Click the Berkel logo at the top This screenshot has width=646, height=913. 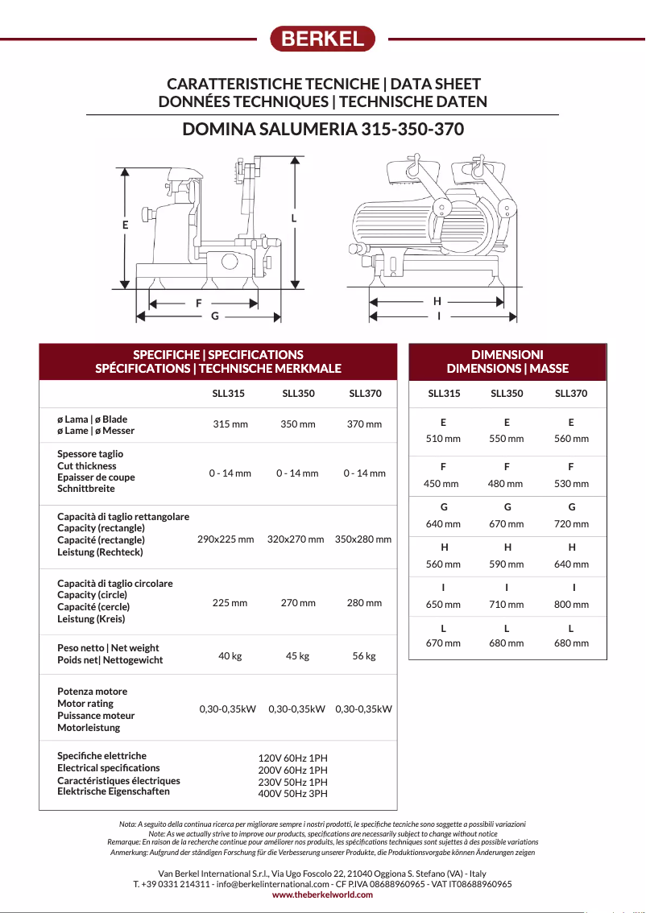coord(322,39)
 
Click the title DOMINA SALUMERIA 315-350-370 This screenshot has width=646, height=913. coord(323,130)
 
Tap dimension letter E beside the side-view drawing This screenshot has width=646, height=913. coord(125,225)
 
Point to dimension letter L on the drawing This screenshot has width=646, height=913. coord(294,218)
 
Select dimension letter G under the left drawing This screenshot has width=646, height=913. coord(214,316)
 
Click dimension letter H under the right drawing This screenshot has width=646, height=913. coord(437,301)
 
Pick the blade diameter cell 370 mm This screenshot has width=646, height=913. coord(364,424)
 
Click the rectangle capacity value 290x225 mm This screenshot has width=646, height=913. coord(226,539)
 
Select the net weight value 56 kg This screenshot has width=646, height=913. coord(364,656)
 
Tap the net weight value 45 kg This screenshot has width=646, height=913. coord(297,656)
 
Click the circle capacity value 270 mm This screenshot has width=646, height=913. coord(297,603)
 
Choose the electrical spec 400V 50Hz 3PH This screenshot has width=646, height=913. coord(292,794)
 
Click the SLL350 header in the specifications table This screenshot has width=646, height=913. coord(298,395)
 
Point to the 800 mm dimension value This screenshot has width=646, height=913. coord(571,605)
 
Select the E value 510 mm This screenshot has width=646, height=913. coord(443,439)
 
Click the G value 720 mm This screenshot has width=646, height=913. coord(571,524)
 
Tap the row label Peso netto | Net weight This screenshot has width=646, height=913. coord(108,648)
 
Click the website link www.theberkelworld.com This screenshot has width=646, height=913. coord(322,894)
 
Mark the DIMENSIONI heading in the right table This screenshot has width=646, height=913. coord(507,354)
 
